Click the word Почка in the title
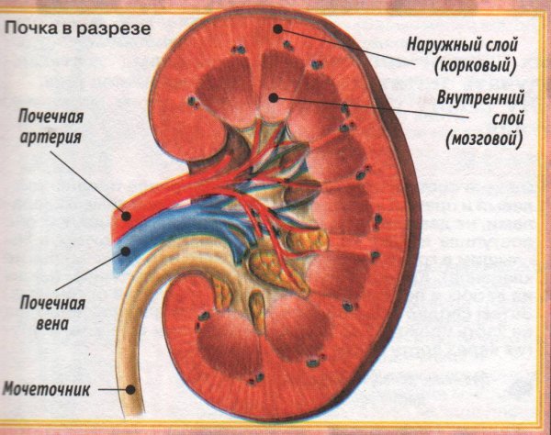[30, 28]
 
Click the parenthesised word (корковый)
[475, 66]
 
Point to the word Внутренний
[480, 97]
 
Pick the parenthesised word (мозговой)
[484, 139]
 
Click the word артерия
[51, 138]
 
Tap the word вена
[52, 324]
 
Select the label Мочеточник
[46, 389]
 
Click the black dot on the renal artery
[126, 216]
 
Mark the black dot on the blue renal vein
[126, 251]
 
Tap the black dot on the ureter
[130, 389]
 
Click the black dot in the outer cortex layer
[278, 28]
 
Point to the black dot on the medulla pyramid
[273, 97]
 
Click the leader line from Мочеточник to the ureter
[112, 389]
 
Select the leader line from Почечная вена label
[91, 271]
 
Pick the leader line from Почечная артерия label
[89, 184]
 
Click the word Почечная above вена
[52, 303]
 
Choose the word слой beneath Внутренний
[508, 118]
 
